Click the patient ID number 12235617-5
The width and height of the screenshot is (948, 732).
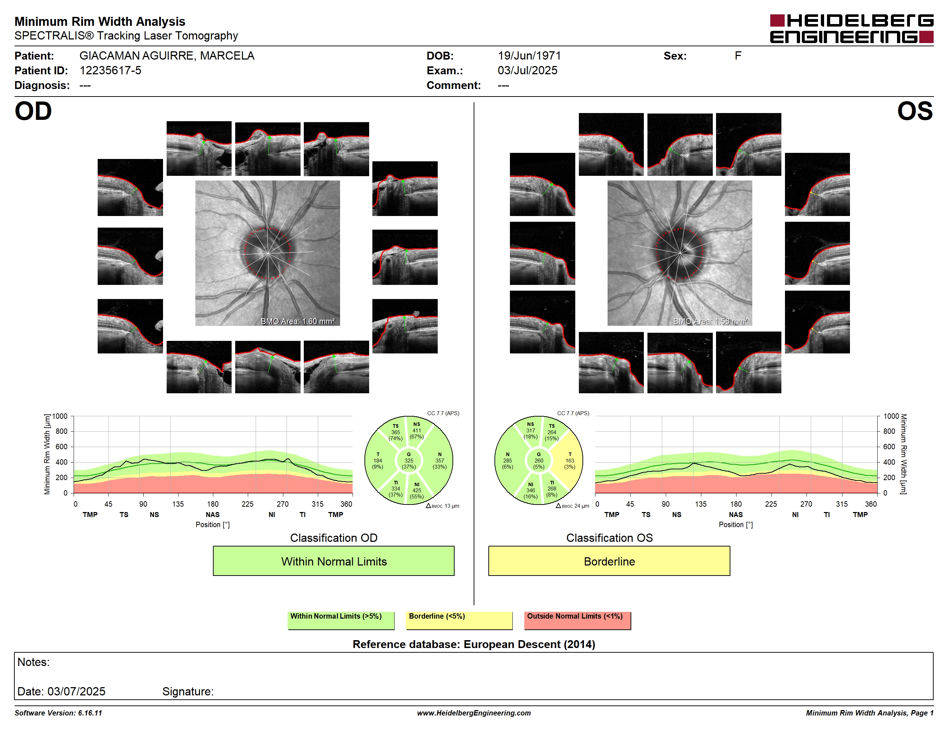(110, 70)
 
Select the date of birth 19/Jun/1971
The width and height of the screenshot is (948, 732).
(529, 56)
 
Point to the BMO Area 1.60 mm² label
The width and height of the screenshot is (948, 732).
(298, 322)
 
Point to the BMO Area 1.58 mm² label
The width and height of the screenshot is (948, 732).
(710, 322)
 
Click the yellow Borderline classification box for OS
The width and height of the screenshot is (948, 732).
(609, 561)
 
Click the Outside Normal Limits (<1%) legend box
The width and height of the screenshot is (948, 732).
(577, 620)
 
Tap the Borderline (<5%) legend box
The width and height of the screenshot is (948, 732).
(459, 620)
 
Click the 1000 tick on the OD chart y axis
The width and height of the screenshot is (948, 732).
(60, 416)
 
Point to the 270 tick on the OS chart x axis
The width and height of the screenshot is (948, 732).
(806, 504)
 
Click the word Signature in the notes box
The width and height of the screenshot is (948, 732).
(187, 691)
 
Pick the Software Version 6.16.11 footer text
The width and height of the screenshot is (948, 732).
(58, 713)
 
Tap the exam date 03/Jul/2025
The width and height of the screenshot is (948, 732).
(528, 70)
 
